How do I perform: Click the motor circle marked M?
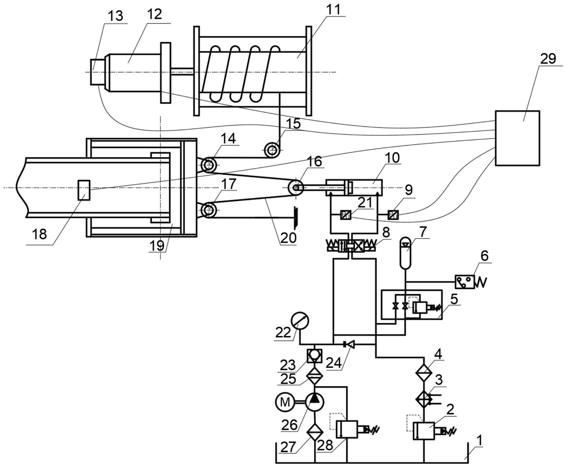285,402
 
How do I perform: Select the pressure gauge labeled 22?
300,321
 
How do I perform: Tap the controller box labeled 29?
517,138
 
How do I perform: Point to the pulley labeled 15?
272,150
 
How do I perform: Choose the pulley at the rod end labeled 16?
296,188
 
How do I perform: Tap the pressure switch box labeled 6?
465,282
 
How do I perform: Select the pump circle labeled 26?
315,402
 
